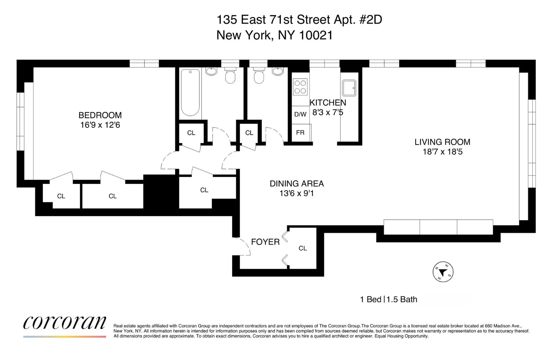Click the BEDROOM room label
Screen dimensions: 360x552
point(100,115)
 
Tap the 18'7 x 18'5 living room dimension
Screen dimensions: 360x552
point(442,152)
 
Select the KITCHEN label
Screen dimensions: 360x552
point(328,103)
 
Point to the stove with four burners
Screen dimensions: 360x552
point(300,87)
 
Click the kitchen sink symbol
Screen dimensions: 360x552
point(349,88)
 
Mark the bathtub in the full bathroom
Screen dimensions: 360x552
point(190,92)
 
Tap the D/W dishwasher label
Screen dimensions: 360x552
point(300,115)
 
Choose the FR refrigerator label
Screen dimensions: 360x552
point(300,133)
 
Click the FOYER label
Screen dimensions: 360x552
point(265,242)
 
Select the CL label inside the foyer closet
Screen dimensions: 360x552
point(303,248)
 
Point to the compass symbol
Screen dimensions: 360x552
point(443,272)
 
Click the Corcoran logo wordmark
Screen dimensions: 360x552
point(65,322)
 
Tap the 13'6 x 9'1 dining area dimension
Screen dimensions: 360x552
point(297,193)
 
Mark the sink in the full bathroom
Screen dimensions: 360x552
point(211,71)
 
